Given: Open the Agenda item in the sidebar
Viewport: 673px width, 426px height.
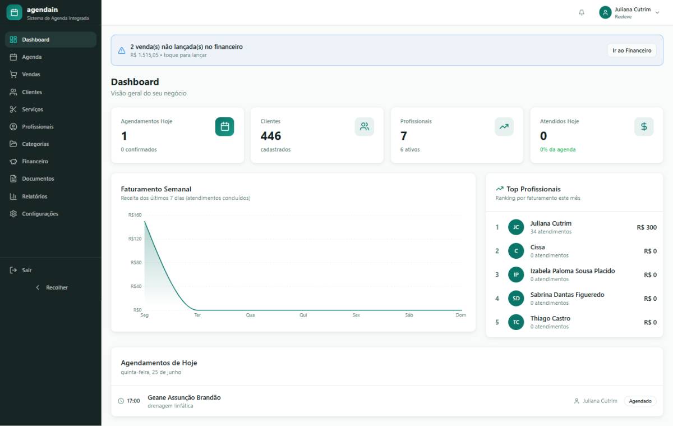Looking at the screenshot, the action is [x=31, y=57].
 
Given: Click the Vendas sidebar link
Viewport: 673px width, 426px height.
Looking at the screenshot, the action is [x=31, y=74].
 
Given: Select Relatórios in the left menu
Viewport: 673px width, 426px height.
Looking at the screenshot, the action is [x=35, y=196].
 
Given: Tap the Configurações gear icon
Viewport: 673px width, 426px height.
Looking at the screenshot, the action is [x=13, y=214].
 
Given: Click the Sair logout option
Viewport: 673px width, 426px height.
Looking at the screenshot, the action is [x=27, y=270].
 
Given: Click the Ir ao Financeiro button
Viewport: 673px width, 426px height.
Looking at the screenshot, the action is [x=632, y=50].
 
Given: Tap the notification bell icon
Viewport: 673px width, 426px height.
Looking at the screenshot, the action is [x=582, y=12].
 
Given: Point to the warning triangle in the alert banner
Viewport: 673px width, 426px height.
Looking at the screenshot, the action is [x=122, y=50].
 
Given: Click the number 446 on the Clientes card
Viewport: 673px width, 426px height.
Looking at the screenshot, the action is [x=271, y=136].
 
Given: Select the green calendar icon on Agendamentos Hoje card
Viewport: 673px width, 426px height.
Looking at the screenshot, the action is [x=224, y=127].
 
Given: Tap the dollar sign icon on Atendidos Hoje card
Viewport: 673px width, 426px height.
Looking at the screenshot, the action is [x=644, y=127].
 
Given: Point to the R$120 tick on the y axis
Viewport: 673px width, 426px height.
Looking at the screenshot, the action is [x=135, y=239].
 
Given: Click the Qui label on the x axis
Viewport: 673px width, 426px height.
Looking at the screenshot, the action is [x=303, y=315].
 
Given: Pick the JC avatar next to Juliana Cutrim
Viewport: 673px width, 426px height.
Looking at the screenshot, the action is [x=516, y=227].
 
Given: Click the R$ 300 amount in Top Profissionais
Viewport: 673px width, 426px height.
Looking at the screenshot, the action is [x=647, y=227].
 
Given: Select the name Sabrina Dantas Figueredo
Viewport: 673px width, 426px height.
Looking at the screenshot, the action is [x=567, y=295].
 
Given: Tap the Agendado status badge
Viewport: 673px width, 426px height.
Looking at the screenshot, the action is [x=640, y=401].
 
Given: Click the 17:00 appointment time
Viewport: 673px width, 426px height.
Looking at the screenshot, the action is [x=133, y=401].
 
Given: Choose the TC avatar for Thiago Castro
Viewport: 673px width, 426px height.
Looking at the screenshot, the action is [x=516, y=322].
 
